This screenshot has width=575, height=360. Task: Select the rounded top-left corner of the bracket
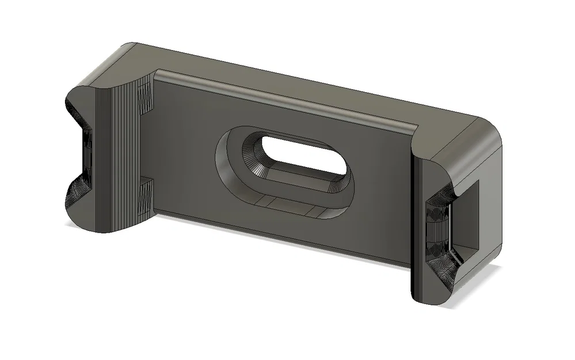tap(127, 52)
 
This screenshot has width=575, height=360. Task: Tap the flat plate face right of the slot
tap(380, 190)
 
